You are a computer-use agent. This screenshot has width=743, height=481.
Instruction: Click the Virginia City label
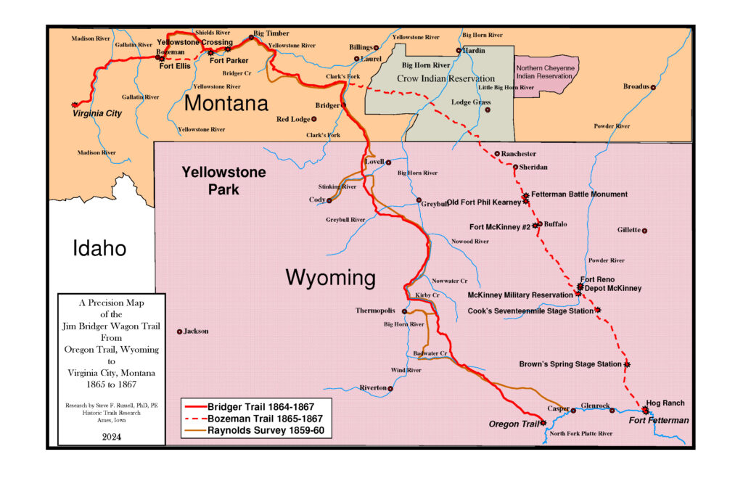(97, 114)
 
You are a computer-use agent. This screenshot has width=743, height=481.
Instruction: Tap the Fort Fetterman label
(658, 421)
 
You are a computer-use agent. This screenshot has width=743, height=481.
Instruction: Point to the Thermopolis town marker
(405, 311)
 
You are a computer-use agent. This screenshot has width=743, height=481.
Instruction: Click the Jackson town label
(196, 332)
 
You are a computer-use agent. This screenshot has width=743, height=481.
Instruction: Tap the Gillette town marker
(644, 231)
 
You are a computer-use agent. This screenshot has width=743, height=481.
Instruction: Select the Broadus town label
(636, 87)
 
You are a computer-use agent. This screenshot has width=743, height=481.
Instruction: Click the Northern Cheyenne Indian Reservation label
(547, 72)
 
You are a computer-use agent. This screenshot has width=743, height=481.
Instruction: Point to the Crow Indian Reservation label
(448, 78)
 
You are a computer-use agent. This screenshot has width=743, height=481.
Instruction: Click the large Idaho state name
(99, 249)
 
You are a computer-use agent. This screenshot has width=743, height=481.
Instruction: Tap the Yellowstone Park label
(223, 181)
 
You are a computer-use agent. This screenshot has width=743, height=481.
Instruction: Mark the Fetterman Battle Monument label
(579, 194)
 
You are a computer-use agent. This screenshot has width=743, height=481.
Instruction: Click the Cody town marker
(329, 200)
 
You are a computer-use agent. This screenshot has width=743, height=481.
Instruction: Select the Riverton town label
(373, 388)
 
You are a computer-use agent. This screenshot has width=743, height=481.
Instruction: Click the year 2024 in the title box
(111, 437)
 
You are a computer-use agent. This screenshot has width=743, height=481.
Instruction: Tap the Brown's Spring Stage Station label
(570, 364)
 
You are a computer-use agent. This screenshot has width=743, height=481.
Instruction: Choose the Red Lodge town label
(293, 119)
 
